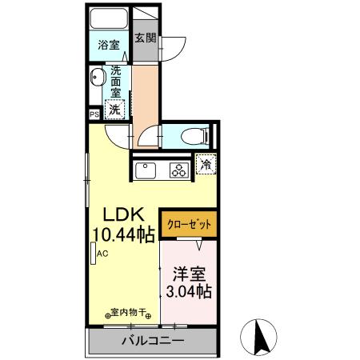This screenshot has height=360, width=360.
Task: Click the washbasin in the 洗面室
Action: pos(98,78)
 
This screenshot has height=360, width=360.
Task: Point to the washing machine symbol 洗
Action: pos(116,108)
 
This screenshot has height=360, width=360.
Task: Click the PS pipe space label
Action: pos(94,114)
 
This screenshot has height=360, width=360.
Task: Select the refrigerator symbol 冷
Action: pos(206,165)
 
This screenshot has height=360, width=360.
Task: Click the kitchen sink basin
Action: pos(147,170)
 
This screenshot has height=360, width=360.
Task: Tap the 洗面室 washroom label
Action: pos(117,80)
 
